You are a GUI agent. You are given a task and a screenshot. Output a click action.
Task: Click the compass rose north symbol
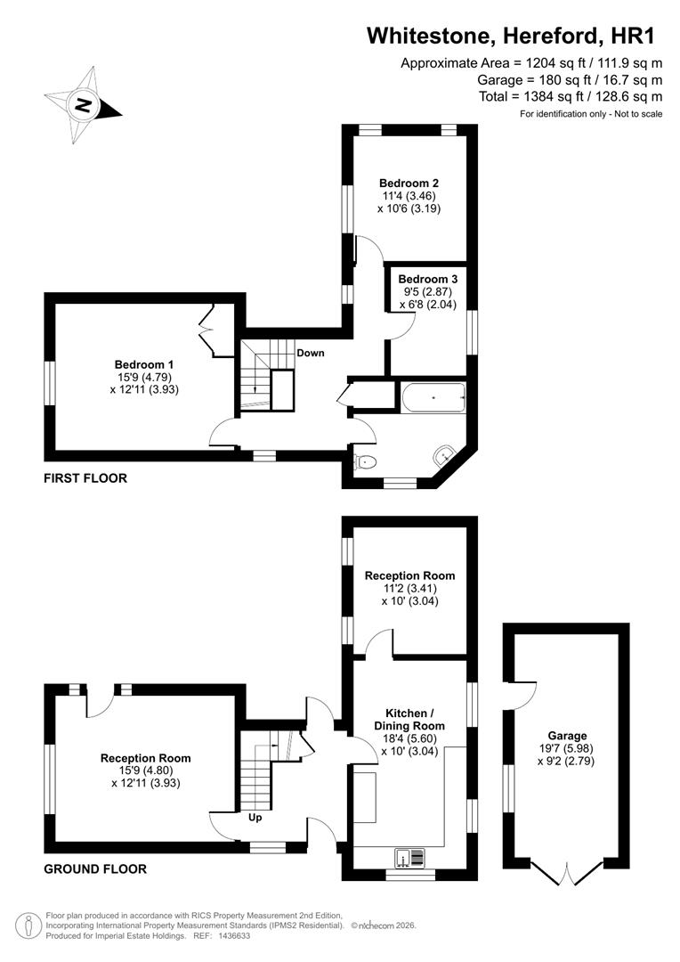83,104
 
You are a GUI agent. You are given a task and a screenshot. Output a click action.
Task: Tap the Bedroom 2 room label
409,183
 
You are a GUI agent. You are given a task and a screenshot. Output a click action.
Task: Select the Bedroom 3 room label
427,279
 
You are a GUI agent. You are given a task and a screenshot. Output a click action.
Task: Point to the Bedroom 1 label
144,364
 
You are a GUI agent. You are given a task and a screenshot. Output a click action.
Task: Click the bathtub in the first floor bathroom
433,398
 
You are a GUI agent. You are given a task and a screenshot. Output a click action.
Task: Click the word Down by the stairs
311,353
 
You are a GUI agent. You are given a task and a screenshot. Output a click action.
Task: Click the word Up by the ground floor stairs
254,817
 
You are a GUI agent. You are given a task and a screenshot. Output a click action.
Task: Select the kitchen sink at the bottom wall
410,858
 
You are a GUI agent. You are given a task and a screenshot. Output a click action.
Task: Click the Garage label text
567,736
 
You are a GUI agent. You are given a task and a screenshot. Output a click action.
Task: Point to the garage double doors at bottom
566,876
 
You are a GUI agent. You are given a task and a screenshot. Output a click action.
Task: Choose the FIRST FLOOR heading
85,478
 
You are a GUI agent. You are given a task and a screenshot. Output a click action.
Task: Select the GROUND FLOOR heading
95,868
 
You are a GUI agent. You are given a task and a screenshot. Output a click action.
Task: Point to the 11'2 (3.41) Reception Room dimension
409,589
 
